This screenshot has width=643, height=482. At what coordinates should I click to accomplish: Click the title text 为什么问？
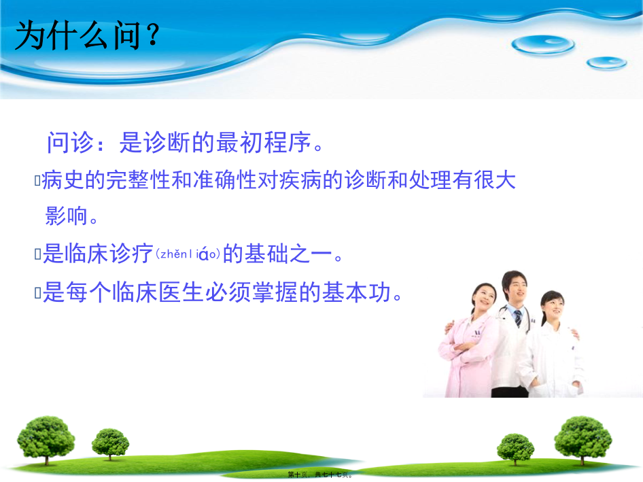click(87, 35)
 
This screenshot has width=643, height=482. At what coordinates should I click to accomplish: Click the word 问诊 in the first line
click(71, 142)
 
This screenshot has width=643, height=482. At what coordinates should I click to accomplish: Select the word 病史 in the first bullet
click(63, 180)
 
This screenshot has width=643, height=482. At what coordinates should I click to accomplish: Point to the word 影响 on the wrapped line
click(67, 216)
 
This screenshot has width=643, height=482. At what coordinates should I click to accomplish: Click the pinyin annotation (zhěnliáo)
click(188, 254)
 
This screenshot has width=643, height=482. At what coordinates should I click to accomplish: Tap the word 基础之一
click(288, 253)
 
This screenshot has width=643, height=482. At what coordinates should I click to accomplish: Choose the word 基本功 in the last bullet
click(356, 292)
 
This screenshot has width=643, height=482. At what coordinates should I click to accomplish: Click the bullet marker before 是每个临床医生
click(38, 293)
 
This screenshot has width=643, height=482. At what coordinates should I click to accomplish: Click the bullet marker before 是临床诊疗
click(38, 254)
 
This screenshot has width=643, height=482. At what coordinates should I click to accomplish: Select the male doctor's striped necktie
click(519, 318)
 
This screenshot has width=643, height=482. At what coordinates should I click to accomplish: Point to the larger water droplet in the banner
click(543, 44)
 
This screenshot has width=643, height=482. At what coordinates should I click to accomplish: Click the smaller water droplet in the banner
click(606, 63)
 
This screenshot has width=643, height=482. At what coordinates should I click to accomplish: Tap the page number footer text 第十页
click(298, 475)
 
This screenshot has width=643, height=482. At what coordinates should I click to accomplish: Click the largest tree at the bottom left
click(46, 440)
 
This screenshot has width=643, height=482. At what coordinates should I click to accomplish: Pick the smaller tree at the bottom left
click(110, 444)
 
